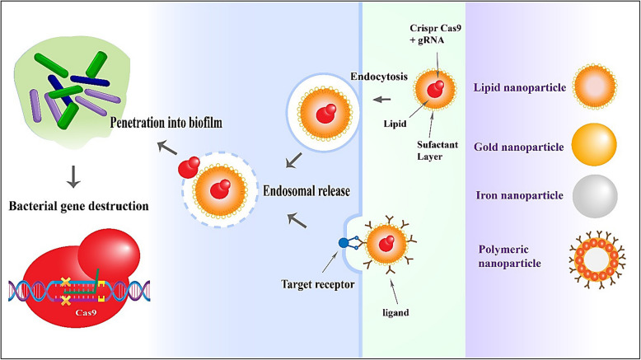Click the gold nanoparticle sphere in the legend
[594, 145]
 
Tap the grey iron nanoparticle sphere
[595, 196]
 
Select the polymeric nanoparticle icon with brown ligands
[597, 259]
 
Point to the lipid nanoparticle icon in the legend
[595, 86]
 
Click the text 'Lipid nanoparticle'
[520, 87]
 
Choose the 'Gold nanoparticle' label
[519, 147]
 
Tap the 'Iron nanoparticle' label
[520, 195]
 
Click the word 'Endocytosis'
[379, 77]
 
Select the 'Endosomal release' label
[306, 191]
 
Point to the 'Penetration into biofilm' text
[166, 122]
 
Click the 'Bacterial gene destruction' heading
[79, 206]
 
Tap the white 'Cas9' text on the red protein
[86, 313]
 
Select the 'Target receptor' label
[318, 284]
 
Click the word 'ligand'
[395, 313]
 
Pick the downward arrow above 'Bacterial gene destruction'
[73, 176]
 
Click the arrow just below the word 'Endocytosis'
[382, 100]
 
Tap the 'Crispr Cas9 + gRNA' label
[435, 34]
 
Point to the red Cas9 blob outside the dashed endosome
[189, 166]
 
